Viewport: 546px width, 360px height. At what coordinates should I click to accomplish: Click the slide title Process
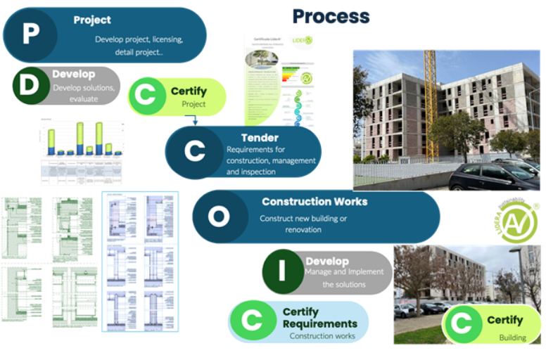click(x=331, y=16)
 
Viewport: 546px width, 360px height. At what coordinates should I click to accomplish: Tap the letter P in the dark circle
click(x=30, y=34)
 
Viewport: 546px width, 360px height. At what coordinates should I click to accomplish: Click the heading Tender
click(x=260, y=137)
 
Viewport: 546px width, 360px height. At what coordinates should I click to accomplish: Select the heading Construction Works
click(x=315, y=202)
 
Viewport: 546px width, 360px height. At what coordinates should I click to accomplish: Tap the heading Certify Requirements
click(x=319, y=318)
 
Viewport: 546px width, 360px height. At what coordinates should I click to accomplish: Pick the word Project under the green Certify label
click(x=193, y=105)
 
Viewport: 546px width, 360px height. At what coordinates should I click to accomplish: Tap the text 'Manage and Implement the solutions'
click(x=345, y=278)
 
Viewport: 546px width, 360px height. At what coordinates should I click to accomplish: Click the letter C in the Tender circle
click(x=194, y=151)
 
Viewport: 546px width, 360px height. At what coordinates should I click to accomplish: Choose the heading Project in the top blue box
click(x=92, y=20)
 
